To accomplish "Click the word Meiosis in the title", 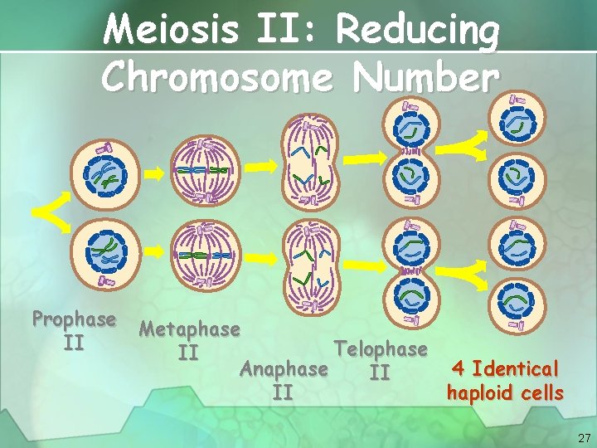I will tap(169, 32).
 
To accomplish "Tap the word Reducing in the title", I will tap(418, 32).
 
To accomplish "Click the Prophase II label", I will tap(74, 329).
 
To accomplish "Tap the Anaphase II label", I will tap(283, 379).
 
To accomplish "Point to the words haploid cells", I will tap(505, 392).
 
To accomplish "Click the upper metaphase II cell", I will tap(206, 169).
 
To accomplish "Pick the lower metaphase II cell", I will tap(206, 254).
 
